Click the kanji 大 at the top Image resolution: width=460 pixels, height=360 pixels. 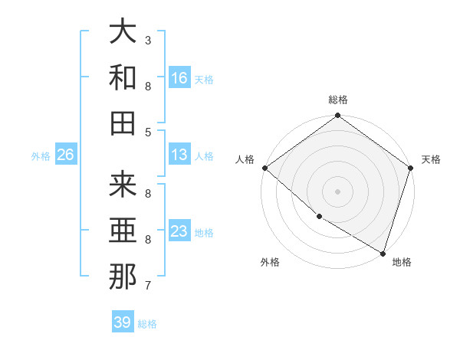click(x=123, y=32)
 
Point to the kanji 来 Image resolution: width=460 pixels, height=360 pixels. click(x=123, y=185)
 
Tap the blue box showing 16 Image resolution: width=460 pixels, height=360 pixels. click(x=179, y=78)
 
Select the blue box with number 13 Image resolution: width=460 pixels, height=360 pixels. click(x=179, y=155)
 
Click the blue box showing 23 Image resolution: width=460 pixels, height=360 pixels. click(x=179, y=231)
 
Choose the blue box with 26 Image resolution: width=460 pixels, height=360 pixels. click(x=65, y=155)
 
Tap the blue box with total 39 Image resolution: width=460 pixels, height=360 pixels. click(x=122, y=322)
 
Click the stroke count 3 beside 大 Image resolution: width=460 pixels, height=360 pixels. click(x=148, y=40)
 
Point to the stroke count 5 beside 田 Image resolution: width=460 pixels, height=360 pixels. click(x=148, y=132)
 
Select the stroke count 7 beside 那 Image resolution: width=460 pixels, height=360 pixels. click(x=148, y=286)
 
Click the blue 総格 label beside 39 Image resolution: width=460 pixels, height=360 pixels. click(x=147, y=324)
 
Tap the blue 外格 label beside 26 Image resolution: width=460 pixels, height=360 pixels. click(x=41, y=156)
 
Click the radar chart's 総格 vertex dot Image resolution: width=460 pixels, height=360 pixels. click(x=337, y=116)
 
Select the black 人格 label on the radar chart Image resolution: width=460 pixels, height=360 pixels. click(x=245, y=159)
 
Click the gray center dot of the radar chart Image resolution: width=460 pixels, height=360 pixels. click(x=337, y=191)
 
